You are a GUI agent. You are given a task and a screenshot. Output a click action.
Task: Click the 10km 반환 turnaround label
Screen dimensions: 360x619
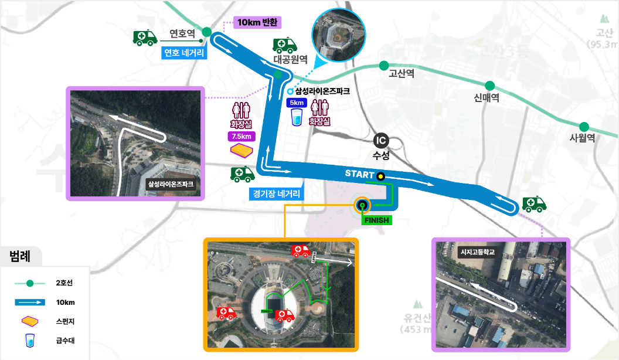click(x=258, y=22)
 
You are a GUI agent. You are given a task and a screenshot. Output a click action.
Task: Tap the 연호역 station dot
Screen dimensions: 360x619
click(x=207, y=33)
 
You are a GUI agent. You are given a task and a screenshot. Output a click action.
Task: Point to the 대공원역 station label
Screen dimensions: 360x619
click(x=291, y=59)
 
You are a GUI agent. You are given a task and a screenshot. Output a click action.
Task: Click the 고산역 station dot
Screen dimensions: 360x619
click(x=384, y=65)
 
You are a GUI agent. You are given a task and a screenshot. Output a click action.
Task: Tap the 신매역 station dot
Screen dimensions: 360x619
click(x=489, y=86)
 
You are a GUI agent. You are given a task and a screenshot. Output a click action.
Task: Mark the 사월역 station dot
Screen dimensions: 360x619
click(x=584, y=127)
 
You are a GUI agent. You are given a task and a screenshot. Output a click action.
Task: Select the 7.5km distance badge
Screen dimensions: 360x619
click(x=242, y=137)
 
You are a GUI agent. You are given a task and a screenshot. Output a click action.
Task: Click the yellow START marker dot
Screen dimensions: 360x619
click(x=380, y=175)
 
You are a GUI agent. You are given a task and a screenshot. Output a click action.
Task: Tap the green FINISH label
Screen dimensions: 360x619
click(x=376, y=220)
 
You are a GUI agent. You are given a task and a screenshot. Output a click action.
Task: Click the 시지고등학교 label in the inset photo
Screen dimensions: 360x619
click(x=478, y=252)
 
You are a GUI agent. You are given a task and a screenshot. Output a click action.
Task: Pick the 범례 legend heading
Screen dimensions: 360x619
click(x=20, y=256)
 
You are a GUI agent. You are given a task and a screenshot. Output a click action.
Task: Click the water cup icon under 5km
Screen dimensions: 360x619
click(x=297, y=117)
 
